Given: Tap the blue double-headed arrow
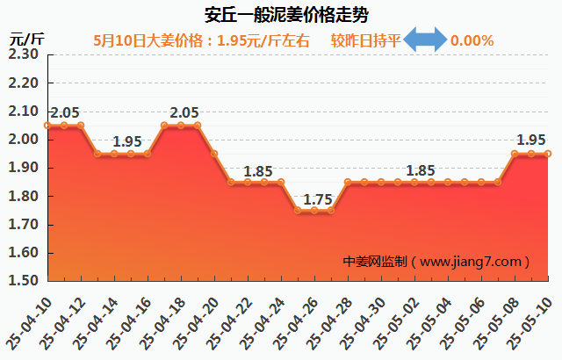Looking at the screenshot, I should coord(425,40).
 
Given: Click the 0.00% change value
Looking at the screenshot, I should coord(472,40).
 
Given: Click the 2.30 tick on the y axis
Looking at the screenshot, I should coord(23,54).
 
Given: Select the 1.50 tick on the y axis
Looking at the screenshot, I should coord(23,281).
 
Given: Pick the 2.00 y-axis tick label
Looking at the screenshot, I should coord(23,140).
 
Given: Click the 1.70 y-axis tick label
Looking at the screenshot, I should coord(23,225).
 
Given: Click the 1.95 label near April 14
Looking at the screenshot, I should coord(127,141).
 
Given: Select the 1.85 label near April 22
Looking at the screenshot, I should coord(258,171).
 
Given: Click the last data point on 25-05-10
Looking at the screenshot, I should coord(548,154).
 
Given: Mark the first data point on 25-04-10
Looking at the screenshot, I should coord(47,126).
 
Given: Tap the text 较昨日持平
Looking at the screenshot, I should coord(365,40).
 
